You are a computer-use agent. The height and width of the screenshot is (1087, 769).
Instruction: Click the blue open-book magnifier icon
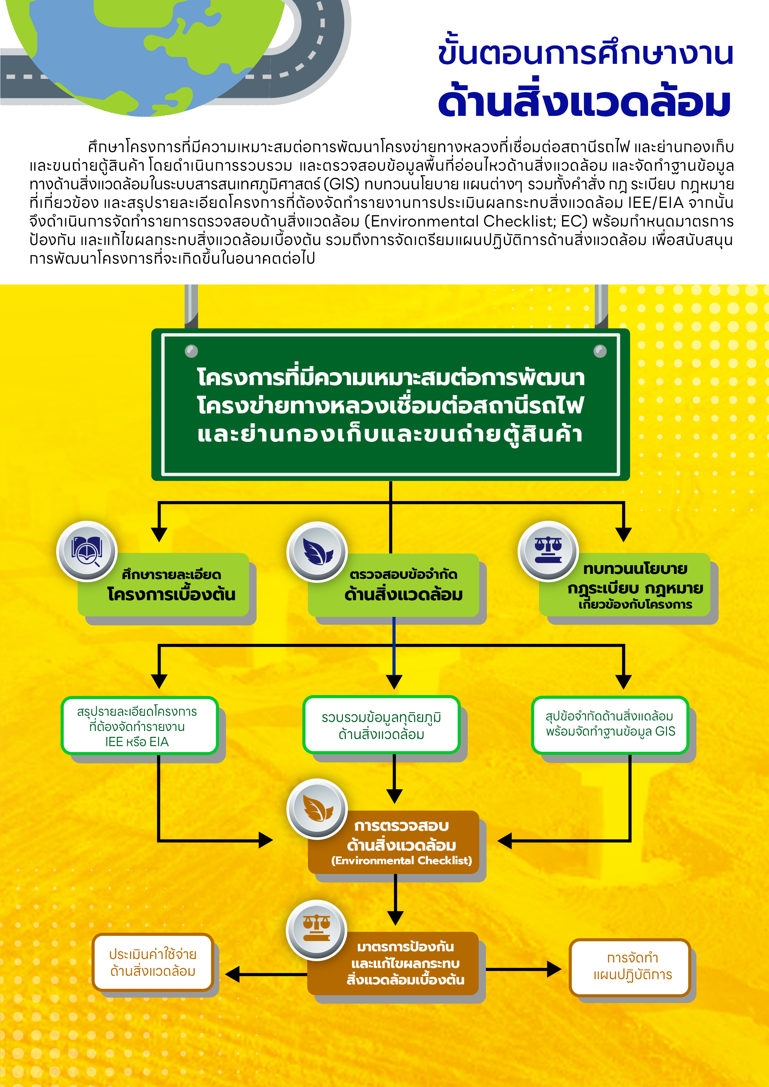87,551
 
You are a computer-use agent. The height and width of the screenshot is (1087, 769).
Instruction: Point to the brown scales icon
317,930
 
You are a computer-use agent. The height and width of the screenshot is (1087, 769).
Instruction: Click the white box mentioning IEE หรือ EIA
139,726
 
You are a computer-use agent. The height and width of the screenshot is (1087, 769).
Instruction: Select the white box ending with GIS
610,724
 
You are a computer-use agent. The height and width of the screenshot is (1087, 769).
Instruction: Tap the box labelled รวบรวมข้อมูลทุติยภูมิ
381,725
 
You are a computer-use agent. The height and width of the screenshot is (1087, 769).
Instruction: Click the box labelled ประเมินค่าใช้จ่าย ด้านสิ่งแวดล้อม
153,962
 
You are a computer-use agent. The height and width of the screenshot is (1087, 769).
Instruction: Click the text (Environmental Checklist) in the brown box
401,860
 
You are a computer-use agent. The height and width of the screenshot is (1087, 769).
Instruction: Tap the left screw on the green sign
191,351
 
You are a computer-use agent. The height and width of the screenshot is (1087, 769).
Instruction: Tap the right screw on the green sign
600,351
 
